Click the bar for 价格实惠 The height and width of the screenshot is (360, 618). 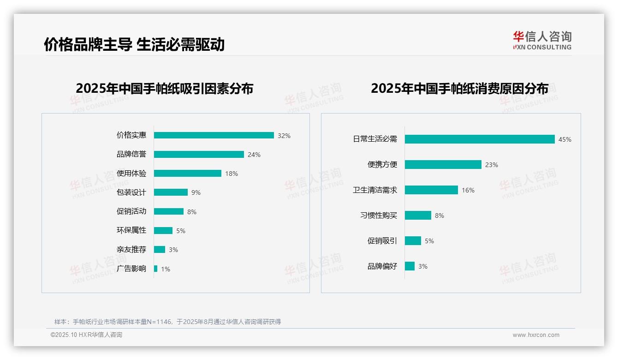214,135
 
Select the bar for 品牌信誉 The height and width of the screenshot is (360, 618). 199,155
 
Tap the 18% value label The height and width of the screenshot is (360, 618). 232,174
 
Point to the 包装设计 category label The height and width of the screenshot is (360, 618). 131,192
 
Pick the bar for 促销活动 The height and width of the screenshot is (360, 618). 169,211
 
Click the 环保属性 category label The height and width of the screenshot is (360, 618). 131,230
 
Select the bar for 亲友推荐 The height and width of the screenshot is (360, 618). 160,250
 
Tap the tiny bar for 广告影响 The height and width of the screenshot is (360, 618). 156,269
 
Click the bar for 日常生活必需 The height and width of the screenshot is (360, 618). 480,139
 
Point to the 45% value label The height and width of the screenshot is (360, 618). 565,139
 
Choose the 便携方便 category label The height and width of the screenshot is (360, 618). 382,165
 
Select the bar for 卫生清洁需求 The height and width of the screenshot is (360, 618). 431,190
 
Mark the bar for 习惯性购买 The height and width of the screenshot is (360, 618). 418,216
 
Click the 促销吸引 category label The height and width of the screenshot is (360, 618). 382,241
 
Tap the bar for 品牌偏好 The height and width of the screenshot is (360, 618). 410,266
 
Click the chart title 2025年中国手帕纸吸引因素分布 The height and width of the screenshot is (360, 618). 165,89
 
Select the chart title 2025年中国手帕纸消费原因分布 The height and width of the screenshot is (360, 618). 459,89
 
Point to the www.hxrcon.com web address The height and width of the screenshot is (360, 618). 536,335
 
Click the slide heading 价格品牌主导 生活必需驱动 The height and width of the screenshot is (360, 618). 134,45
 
